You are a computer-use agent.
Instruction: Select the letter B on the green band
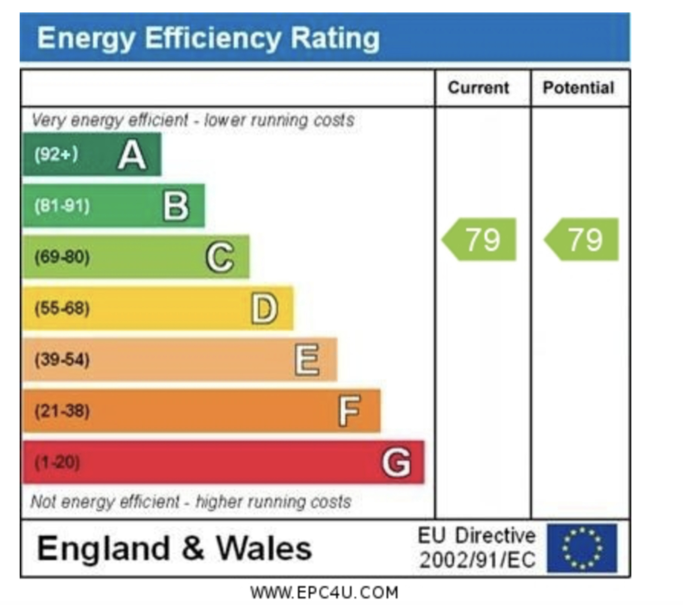coord(176,206)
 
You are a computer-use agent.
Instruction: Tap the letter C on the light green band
coord(220,257)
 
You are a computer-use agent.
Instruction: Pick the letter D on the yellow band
coord(264,308)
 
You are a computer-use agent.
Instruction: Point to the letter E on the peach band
coord(307,360)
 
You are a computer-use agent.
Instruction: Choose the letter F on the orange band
coord(350,411)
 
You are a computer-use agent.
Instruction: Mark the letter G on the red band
coord(396,462)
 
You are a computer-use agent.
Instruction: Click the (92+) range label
coord(56,154)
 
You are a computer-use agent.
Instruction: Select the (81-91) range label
coord(62,206)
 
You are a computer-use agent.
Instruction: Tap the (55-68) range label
coord(62,308)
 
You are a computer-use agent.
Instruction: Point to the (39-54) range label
coord(62,360)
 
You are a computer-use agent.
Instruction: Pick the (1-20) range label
coord(57,462)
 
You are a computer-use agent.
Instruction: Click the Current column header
coord(478,88)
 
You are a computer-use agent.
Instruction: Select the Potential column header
coord(578,88)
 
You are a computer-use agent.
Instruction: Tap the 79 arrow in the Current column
coord(480,240)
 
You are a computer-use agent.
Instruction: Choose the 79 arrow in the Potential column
coord(582,240)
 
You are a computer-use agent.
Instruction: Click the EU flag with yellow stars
coord(582,548)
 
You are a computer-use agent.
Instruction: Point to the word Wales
coord(264,549)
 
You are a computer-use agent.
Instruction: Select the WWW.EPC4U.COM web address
coord(324,593)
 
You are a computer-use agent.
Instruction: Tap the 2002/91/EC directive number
coord(477,560)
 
